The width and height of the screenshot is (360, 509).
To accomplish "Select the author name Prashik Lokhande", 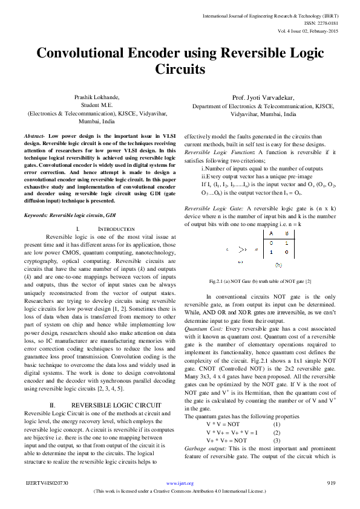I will point(97,97).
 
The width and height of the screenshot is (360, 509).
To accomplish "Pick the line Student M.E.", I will point(97,105).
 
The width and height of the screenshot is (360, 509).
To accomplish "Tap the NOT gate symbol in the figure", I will point(242,248).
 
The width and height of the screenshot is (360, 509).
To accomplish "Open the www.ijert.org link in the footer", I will point(180,484).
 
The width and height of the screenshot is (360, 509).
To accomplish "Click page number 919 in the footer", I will point(331,484).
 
